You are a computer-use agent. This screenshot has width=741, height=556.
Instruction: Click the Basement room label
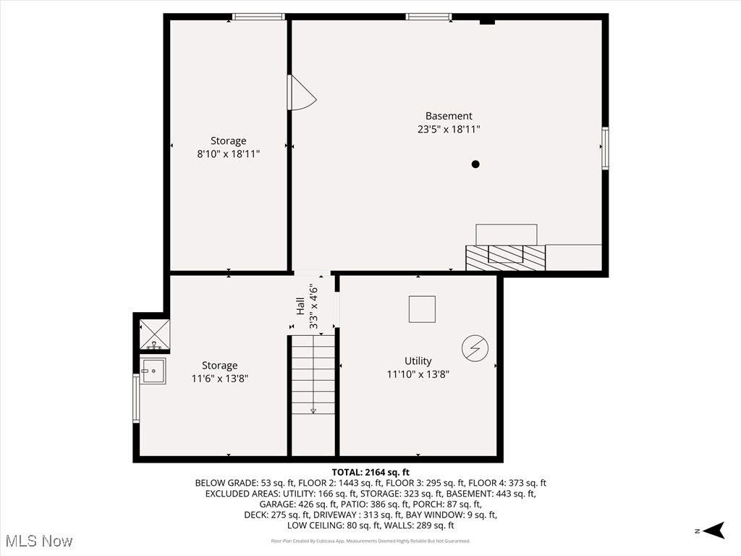[x=449, y=116]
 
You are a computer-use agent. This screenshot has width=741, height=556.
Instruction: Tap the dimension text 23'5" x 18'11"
[x=449, y=130]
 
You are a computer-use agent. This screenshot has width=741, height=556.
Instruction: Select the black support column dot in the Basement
[x=475, y=164]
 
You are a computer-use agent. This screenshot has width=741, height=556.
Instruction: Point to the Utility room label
[x=418, y=361]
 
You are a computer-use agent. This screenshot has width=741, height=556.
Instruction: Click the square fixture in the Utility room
[x=423, y=309]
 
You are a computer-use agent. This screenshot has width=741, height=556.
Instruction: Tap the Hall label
[x=300, y=307]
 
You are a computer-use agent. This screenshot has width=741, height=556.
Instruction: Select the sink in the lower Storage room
[x=153, y=371]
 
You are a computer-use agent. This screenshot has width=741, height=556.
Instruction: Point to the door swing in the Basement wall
[x=300, y=93]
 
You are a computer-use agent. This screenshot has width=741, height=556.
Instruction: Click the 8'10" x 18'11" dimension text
[x=228, y=154]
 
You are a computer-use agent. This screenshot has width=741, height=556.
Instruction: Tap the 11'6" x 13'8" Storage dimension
[x=219, y=379]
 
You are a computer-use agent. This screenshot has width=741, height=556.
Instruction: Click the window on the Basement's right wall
[x=605, y=148]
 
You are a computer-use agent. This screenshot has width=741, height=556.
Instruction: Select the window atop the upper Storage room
[x=258, y=17]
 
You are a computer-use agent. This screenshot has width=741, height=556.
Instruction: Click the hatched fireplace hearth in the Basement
[x=505, y=258]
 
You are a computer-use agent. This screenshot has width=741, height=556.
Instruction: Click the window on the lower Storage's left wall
[x=135, y=398]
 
